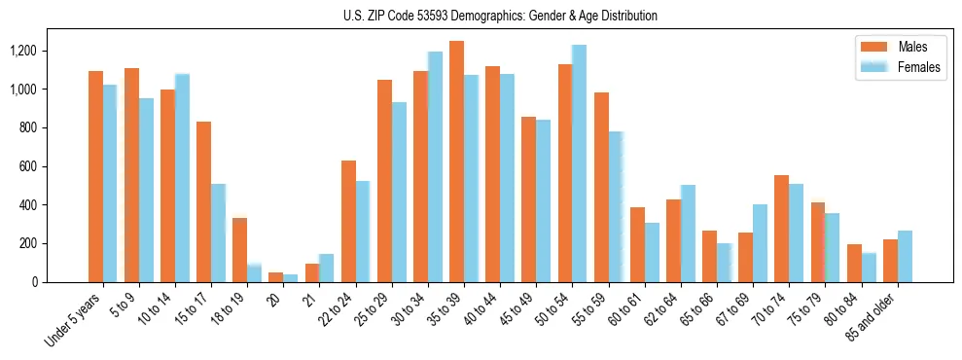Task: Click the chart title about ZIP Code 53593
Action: pos(500,16)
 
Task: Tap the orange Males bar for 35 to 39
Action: pos(456,162)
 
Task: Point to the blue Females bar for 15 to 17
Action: pos(219,233)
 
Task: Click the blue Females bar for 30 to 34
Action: pos(435,166)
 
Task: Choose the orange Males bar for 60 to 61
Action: pos(637,244)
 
